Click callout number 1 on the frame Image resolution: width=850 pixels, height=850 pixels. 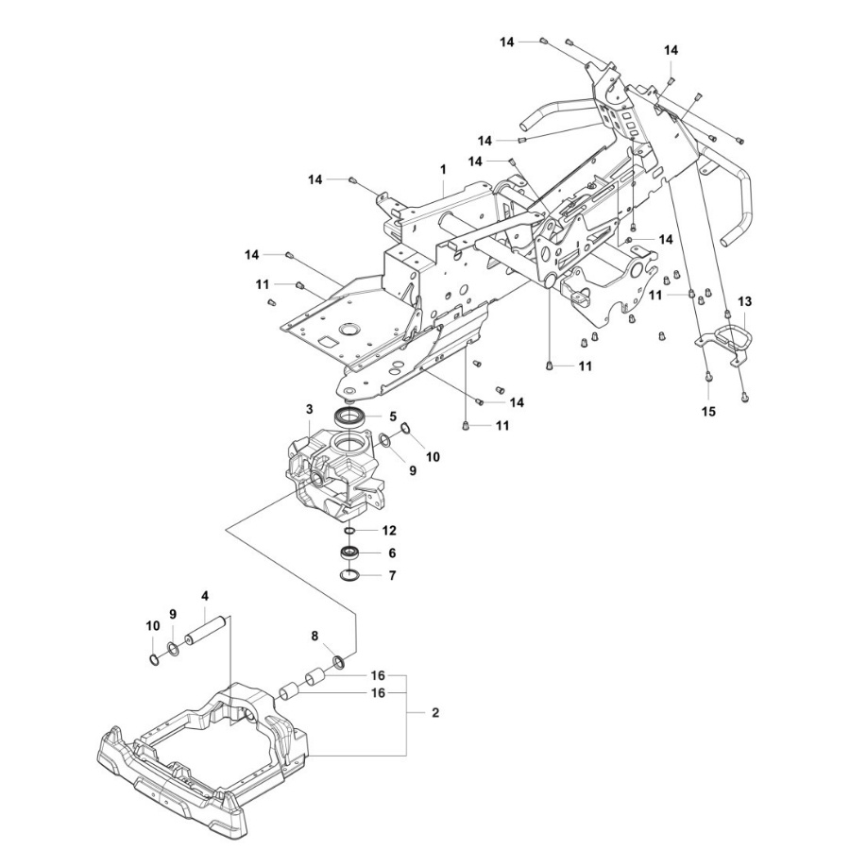click(442, 168)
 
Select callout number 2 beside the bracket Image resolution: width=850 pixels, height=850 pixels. click(435, 713)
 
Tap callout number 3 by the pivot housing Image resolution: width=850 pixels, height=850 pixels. click(309, 409)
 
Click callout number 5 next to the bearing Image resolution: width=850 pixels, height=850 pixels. click(393, 416)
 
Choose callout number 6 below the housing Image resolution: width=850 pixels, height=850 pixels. click(393, 554)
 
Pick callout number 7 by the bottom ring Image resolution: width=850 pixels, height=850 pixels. click(393, 575)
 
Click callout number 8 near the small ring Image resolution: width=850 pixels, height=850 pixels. click(315, 637)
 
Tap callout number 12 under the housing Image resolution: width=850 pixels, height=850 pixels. click(389, 531)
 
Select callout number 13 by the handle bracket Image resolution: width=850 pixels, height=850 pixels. click(745, 301)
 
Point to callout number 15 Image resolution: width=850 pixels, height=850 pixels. click(709, 412)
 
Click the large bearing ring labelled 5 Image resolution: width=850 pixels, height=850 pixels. click(351, 416)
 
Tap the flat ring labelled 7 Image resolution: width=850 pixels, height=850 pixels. click(348, 575)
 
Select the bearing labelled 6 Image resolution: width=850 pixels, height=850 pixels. click(348, 553)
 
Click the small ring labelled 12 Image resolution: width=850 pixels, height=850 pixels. click(349, 531)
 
